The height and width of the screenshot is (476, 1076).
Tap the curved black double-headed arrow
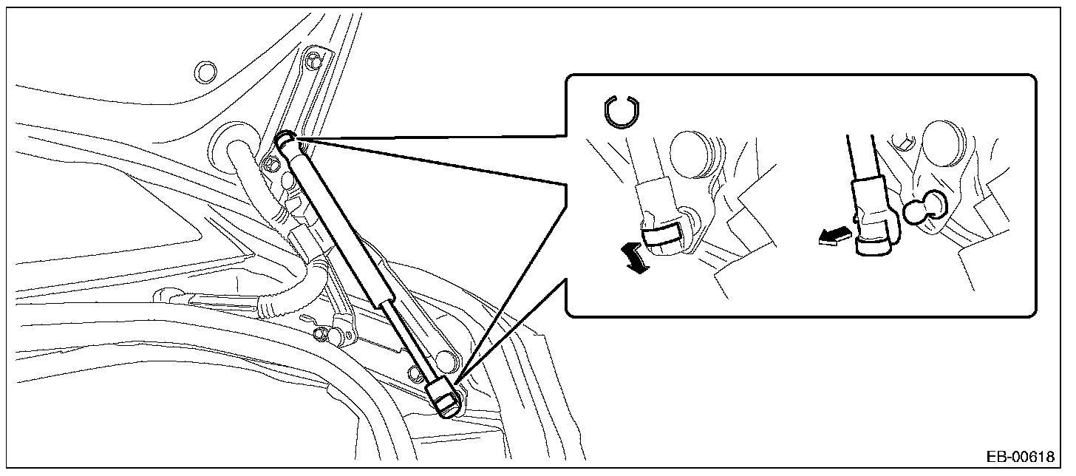(x=634, y=259)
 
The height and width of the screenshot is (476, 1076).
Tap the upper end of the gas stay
(x=287, y=140)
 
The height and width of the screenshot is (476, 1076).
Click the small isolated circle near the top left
(x=204, y=72)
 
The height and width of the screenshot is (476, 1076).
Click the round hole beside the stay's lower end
(x=446, y=361)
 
